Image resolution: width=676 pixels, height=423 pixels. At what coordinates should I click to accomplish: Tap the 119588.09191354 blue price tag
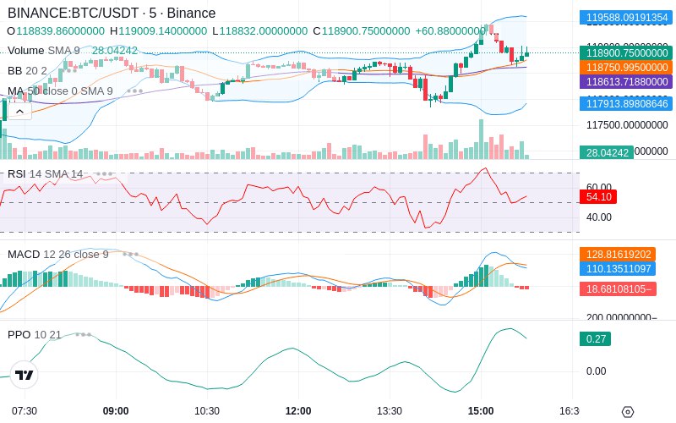625,17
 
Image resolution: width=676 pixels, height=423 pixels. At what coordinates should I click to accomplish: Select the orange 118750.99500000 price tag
625,67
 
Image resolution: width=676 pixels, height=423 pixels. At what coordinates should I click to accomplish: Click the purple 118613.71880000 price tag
625,82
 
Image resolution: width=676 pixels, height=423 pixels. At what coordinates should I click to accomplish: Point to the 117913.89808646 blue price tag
625,103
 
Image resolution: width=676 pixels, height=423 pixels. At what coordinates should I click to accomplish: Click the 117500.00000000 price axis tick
625,124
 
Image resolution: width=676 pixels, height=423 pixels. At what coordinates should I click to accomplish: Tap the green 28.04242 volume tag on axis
604,152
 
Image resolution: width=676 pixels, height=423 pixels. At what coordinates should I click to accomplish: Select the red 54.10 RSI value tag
598,196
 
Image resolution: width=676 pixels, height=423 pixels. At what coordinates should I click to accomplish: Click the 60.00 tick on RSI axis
598,187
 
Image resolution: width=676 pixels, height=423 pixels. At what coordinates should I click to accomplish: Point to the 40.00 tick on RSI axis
598,217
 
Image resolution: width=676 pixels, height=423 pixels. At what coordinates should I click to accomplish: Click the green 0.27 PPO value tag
594,339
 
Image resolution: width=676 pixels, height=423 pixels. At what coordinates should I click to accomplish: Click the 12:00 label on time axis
298,411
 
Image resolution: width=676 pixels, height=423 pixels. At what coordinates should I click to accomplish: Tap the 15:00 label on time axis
481,411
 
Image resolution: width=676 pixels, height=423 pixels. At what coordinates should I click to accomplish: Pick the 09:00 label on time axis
116,411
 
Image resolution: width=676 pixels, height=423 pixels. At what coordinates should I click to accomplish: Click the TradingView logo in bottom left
25,375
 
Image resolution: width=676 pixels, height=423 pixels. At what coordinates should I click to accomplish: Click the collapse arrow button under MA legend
18,110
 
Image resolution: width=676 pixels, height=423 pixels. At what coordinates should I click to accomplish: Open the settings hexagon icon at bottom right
627,412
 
